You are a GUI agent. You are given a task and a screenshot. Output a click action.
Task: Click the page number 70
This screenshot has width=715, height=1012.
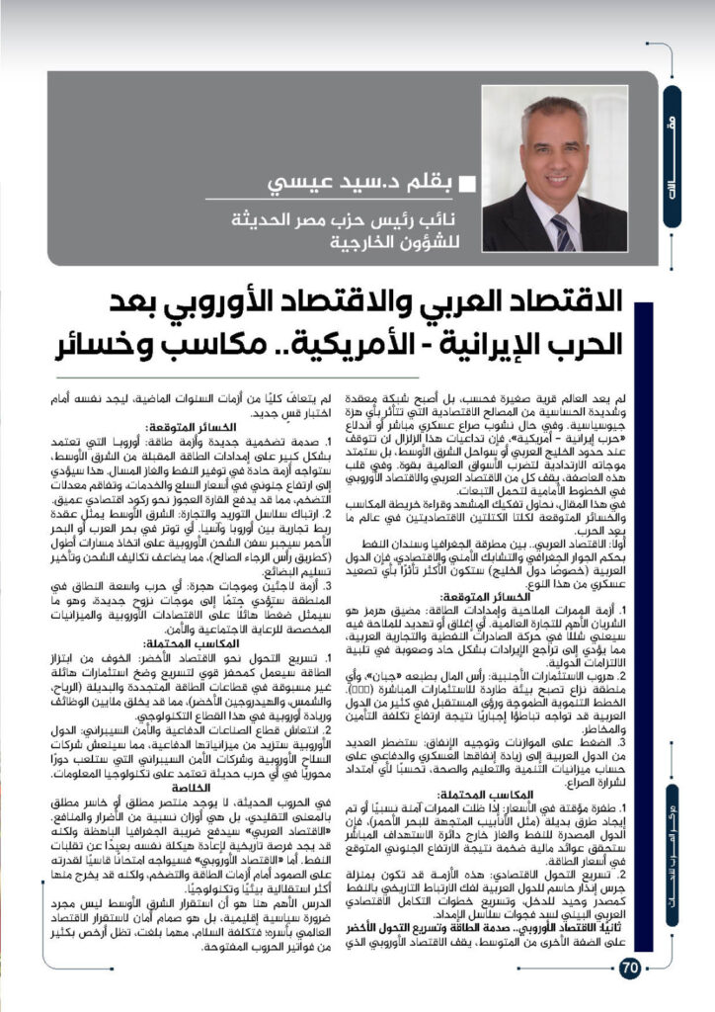(x=630, y=967)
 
